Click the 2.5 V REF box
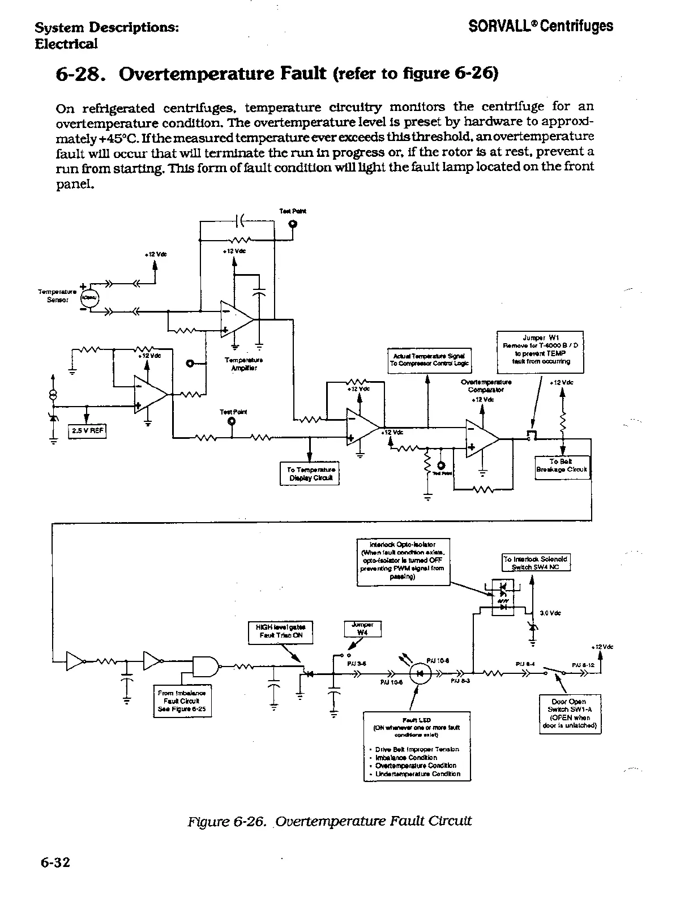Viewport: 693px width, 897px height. pyautogui.click(x=87, y=431)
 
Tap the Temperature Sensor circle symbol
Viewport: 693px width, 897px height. pyautogui.click(x=89, y=297)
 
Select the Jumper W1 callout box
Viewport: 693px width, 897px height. pyautogui.click(x=540, y=349)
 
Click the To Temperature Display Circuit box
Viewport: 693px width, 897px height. pyautogui.click(x=310, y=473)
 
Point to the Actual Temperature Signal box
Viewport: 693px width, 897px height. pyautogui.click(x=429, y=360)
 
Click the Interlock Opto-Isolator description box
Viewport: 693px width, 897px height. pyautogui.click(x=404, y=561)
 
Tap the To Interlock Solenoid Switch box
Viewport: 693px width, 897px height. pyautogui.click(x=536, y=562)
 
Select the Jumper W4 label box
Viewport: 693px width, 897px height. pyautogui.click(x=362, y=629)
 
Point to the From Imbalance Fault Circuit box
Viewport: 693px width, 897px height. pyautogui.click(x=182, y=701)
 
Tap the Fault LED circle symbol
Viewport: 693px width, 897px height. pyautogui.click(x=420, y=674)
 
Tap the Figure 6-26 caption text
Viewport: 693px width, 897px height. pyautogui.click(x=330, y=821)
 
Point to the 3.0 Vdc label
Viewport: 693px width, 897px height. pyautogui.click(x=550, y=613)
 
